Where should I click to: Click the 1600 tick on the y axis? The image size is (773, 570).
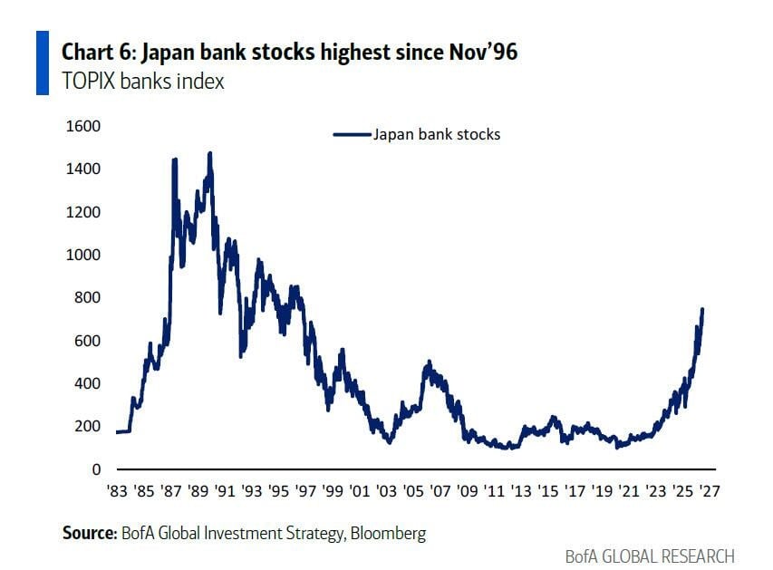(82, 126)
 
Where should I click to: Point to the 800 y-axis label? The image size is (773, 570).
(87, 297)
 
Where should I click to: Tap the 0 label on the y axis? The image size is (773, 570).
(96, 469)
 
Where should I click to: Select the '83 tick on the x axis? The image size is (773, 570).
(117, 491)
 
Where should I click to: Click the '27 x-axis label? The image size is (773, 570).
(710, 491)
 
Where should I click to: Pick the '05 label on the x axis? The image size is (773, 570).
(413, 491)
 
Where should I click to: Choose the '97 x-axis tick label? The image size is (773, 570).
(305, 491)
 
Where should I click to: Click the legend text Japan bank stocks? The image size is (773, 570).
(437, 134)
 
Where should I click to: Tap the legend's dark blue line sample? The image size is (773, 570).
(352, 134)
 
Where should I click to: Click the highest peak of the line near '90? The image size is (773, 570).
(210, 154)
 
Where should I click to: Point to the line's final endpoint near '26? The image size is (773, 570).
(702, 310)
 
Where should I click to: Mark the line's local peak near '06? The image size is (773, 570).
(429, 362)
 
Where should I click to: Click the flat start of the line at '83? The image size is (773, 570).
(122, 432)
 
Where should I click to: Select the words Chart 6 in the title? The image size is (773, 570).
(97, 53)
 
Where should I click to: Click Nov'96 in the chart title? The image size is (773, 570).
(483, 53)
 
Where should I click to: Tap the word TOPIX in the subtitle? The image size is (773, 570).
(89, 82)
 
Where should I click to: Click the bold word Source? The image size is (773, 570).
(90, 533)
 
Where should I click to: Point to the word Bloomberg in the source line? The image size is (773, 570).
(389, 534)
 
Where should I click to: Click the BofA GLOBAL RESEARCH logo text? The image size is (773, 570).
(650, 556)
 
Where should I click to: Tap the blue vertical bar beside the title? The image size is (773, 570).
(43, 63)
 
